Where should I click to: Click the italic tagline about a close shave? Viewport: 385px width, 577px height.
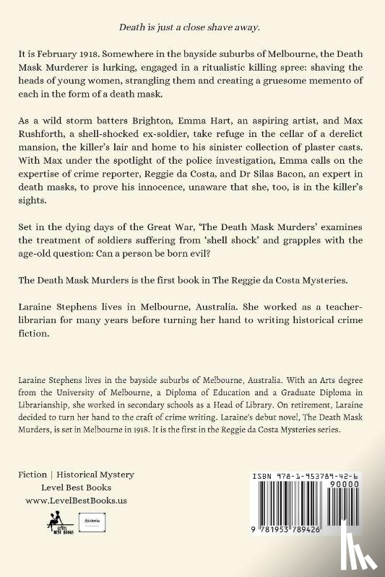pyautogui.click(x=192, y=27)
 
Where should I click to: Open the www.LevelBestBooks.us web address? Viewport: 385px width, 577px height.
pyautogui.click(x=77, y=500)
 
